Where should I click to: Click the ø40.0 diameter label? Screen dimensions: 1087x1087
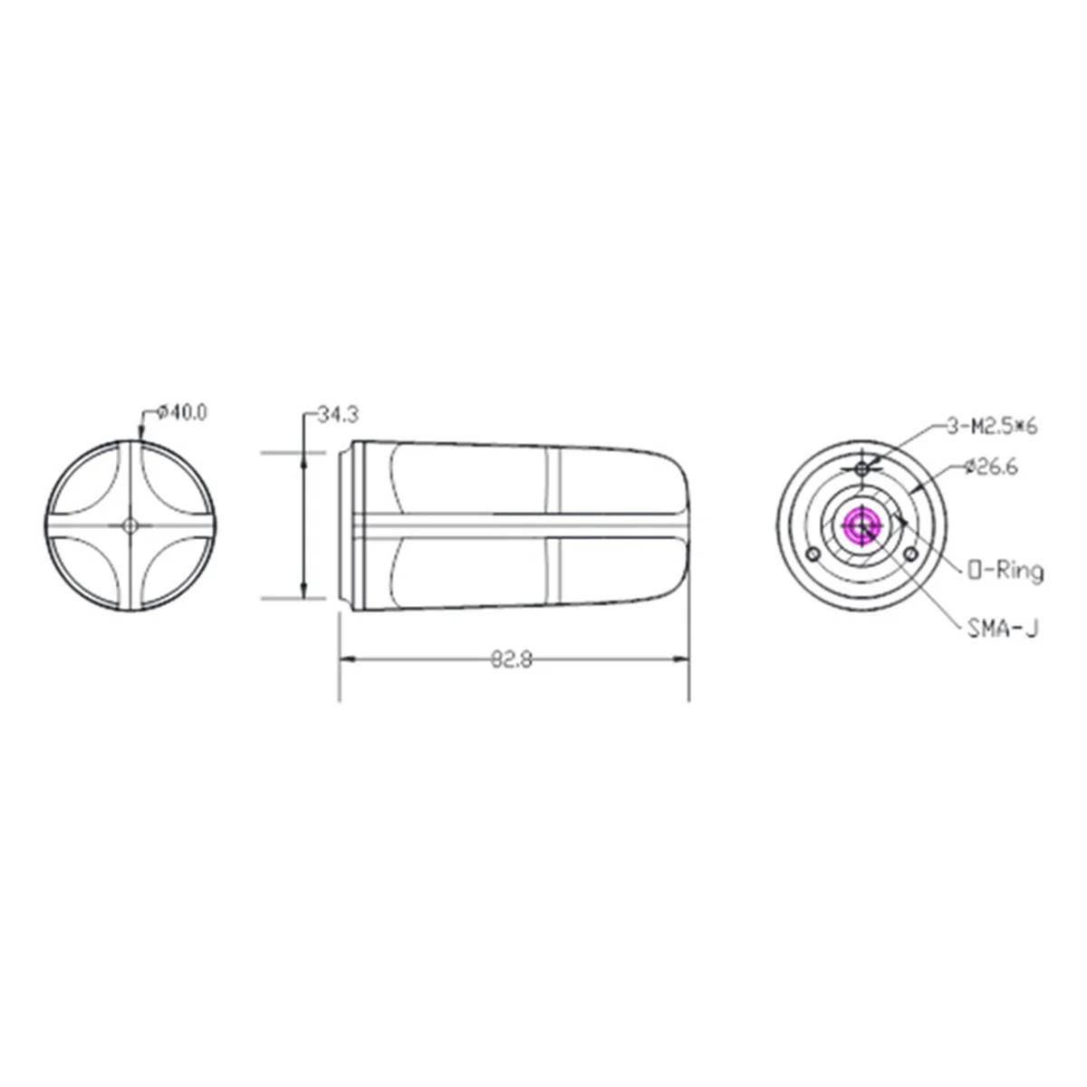(x=181, y=412)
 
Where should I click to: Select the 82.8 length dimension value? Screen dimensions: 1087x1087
(x=512, y=659)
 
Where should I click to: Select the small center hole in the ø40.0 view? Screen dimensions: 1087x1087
(x=130, y=524)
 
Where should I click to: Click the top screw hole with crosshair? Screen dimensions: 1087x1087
(x=862, y=467)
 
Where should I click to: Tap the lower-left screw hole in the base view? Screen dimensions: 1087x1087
(x=813, y=553)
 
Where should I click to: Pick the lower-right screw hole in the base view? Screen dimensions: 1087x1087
(x=911, y=553)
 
